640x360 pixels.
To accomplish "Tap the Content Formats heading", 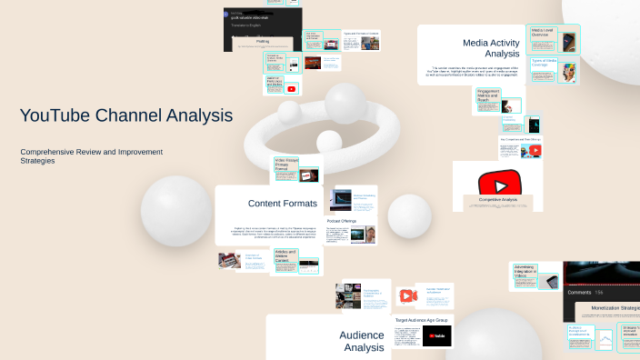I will pyautogui.click(x=283, y=203).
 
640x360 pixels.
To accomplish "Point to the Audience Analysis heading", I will pyautogui.click(x=362, y=341).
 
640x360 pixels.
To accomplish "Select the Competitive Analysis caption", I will pyautogui.click(x=497, y=199).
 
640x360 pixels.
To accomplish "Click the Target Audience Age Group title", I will pyautogui.click(x=423, y=320).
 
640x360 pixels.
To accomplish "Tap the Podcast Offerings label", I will pyautogui.click(x=342, y=220).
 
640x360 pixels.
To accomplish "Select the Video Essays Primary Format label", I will pyautogui.click(x=285, y=166).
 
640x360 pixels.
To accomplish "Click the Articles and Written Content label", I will pyautogui.click(x=285, y=257).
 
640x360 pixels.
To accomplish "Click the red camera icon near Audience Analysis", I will pyautogui.click(x=406, y=295).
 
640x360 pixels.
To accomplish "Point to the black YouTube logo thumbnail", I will pyautogui.click(x=436, y=336).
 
